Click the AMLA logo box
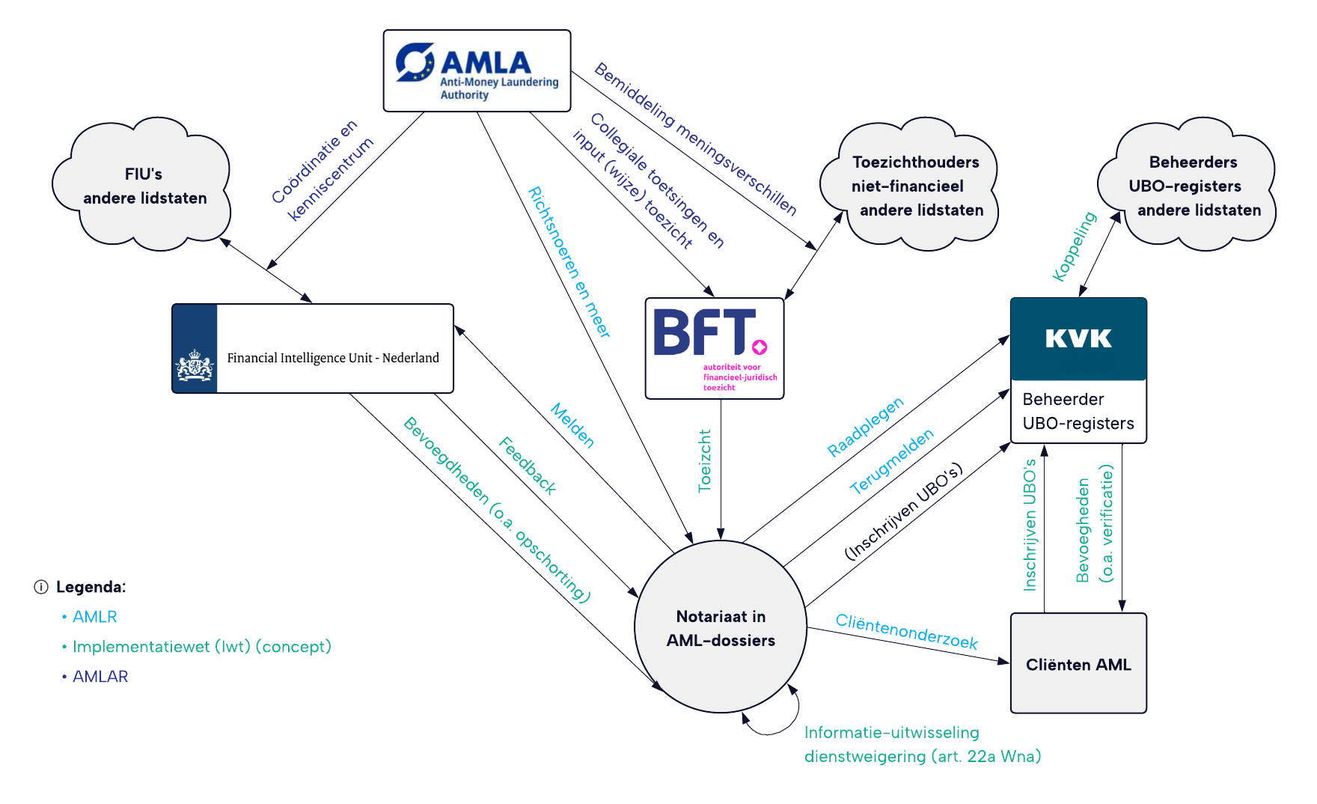(x=477, y=71)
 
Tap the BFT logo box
(x=714, y=348)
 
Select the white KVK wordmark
(x=1078, y=339)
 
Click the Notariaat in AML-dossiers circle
(x=721, y=627)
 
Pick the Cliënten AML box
(x=1078, y=664)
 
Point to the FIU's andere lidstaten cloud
(x=142, y=186)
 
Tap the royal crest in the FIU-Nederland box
(x=195, y=365)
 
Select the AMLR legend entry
(x=94, y=617)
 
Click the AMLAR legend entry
(x=100, y=677)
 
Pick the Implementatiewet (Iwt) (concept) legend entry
(x=201, y=647)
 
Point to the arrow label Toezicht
(x=704, y=460)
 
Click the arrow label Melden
(x=572, y=425)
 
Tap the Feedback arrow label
(x=528, y=466)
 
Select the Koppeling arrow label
(x=1074, y=246)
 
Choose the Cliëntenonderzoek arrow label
(x=906, y=631)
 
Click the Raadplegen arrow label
(x=865, y=427)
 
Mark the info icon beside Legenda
(x=41, y=587)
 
